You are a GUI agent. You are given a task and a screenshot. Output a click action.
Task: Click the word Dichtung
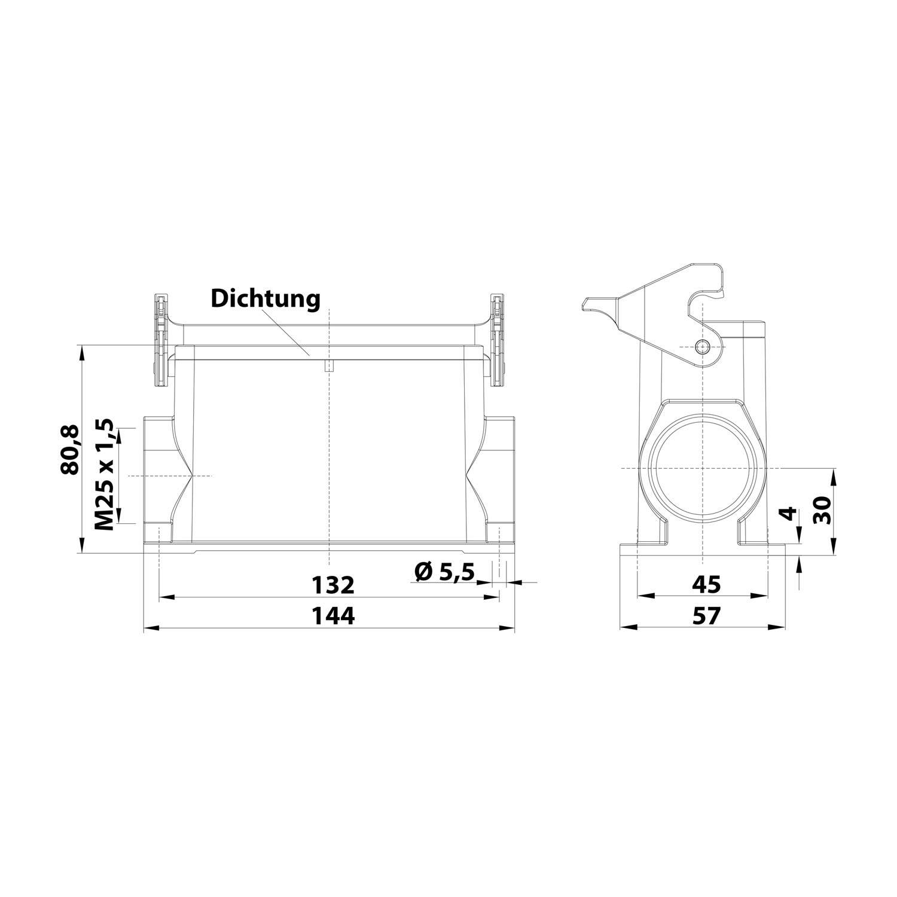pyautogui.click(x=265, y=298)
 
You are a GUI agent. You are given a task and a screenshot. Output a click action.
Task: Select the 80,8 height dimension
pyautogui.click(x=71, y=449)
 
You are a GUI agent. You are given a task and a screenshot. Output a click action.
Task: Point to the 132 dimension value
pyautogui.click(x=334, y=585)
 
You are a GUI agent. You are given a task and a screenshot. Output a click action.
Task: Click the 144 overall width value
pyautogui.click(x=334, y=615)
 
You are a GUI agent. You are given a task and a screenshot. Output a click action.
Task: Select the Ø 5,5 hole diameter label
pyautogui.click(x=444, y=572)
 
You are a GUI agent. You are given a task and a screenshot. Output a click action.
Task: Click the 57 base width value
pyautogui.click(x=706, y=615)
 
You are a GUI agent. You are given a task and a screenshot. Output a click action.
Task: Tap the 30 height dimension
pyautogui.click(x=823, y=510)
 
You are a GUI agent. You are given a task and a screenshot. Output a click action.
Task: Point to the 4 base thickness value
pyautogui.click(x=790, y=513)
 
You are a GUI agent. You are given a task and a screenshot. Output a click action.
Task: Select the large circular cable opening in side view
pyautogui.click(x=702, y=468)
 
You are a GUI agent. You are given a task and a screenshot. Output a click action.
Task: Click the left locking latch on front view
pyautogui.click(x=160, y=340)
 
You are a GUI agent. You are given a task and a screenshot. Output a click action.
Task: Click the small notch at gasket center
pyautogui.click(x=329, y=367)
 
